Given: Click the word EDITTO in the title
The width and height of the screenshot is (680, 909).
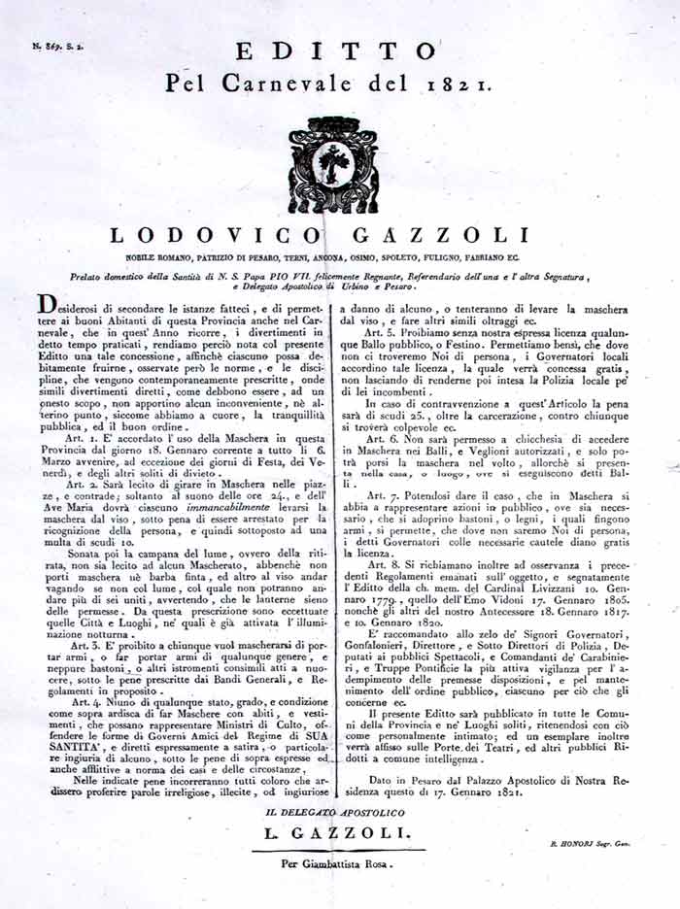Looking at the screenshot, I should point(336,50).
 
